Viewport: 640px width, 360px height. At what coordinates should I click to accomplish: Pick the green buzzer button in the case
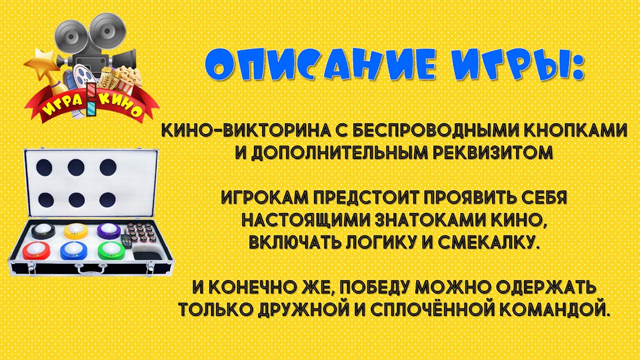[111, 250]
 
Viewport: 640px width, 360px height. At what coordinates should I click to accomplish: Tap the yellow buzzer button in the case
[76, 231]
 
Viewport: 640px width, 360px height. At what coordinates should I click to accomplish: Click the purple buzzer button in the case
[108, 230]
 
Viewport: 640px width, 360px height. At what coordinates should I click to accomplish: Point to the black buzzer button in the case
[43, 231]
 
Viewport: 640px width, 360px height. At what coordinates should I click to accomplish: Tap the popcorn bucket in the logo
[128, 78]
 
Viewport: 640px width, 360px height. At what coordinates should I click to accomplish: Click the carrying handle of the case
[88, 267]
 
